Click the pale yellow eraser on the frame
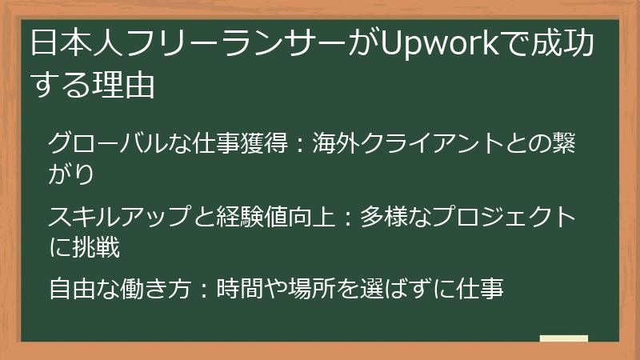tap(563, 339)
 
